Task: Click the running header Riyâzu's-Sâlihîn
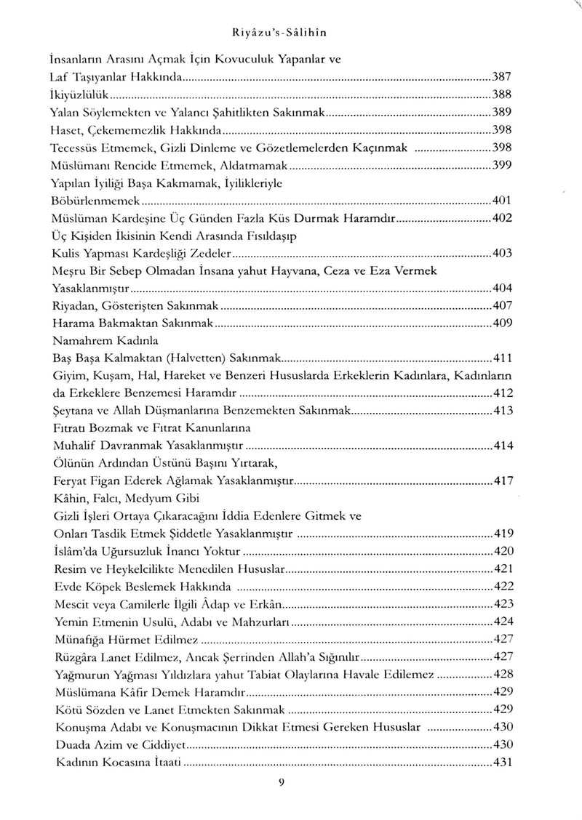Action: pyautogui.click(x=290, y=32)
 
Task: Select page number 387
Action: pyautogui.click(x=503, y=75)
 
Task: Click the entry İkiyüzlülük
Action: pyautogui.click(x=81, y=94)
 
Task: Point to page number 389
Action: pyautogui.click(x=503, y=112)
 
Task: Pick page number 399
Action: pyautogui.click(x=503, y=166)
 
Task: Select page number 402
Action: pyautogui.click(x=503, y=217)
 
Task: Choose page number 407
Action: pyautogui.click(x=503, y=305)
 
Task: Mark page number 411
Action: pyautogui.click(x=503, y=358)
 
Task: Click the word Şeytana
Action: pyautogui.click(x=75, y=410)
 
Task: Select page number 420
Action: pyautogui.click(x=503, y=550)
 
